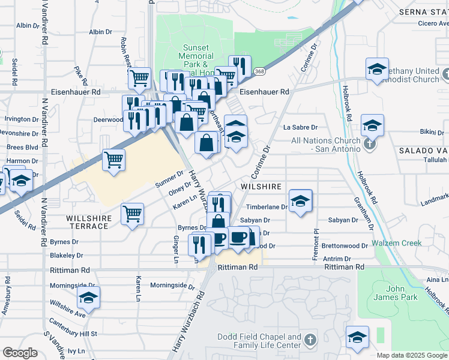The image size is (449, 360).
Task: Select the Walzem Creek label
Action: [397, 243]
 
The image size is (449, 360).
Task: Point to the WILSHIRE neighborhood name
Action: [261, 187]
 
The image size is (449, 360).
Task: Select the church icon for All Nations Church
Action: [370, 144]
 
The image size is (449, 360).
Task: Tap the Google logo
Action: [20, 352]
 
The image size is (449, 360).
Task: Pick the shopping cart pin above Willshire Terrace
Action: [132, 213]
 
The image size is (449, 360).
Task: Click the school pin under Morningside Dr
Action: [88, 297]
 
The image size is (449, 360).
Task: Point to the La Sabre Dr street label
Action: [300, 127]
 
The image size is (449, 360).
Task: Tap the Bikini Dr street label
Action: [427, 131]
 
